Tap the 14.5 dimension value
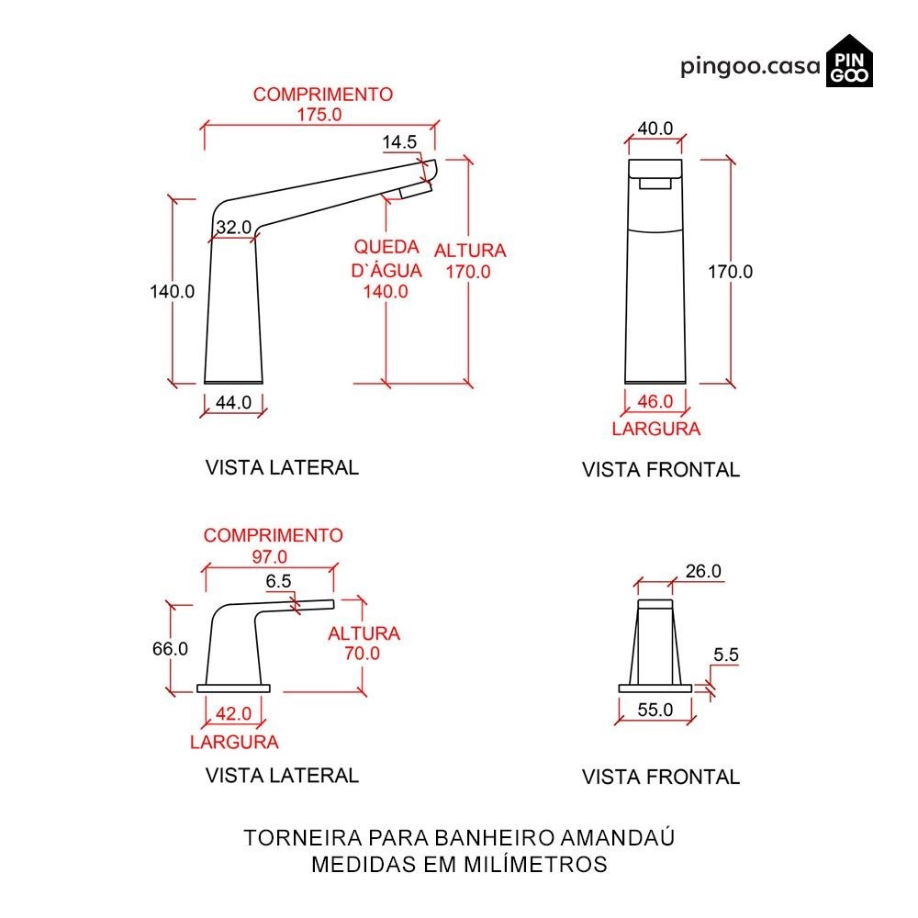(399, 141)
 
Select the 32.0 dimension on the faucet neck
(233, 228)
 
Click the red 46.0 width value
(655, 401)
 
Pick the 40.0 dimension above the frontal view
(655, 129)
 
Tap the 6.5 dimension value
(279, 581)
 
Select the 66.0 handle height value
(170, 648)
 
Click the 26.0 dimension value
(703, 571)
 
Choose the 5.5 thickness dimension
(725, 655)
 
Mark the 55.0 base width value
(655, 710)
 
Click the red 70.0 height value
(363, 654)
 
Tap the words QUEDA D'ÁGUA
(386, 259)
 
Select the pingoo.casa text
(750, 67)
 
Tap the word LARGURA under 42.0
(234, 742)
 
